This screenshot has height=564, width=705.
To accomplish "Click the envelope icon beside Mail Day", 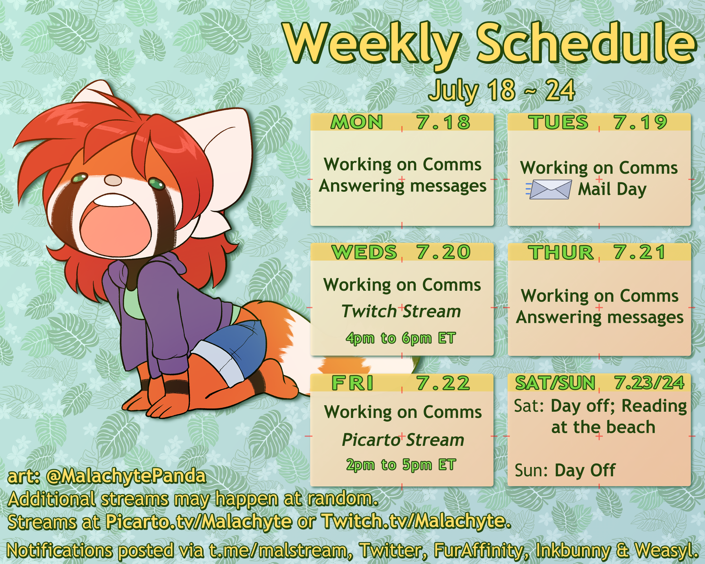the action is tap(549, 189).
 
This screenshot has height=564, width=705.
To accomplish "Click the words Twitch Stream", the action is tap(401, 311).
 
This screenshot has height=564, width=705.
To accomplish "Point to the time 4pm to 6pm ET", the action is tap(401, 338).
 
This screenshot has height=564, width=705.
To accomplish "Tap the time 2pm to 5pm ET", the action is tap(401, 465).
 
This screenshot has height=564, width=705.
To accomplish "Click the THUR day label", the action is tap(561, 252).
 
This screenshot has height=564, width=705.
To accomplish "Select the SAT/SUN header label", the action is tap(555, 383).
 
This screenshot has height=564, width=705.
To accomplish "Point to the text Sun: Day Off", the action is tap(565, 470).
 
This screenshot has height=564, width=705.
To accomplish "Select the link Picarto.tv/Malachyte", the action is tap(199, 521).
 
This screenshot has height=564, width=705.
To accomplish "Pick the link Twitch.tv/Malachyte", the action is tap(416, 521).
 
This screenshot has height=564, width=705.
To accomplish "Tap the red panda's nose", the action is tap(113, 180).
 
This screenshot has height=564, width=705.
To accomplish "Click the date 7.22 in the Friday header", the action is tap(443, 383).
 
